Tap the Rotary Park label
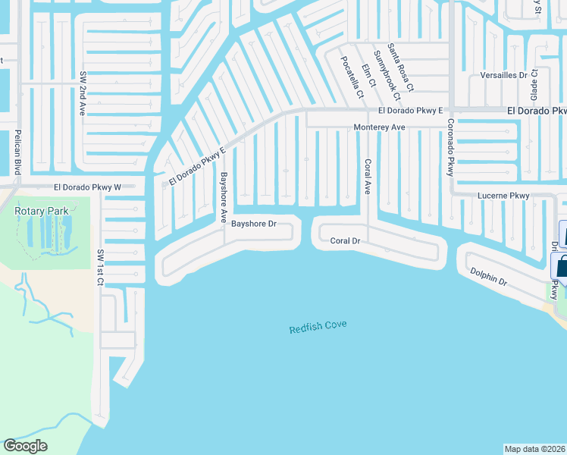[42, 210]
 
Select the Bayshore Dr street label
[252, 224]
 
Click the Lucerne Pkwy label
[503, 196]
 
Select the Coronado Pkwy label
[450, 147]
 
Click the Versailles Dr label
[504, 76]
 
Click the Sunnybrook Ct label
[387, 76]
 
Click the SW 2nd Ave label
[83, 93]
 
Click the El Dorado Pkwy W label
[87, 187]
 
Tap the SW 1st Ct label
[99, 267]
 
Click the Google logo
[25, 446]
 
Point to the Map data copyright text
[535, 448]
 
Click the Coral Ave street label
[368, 177]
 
